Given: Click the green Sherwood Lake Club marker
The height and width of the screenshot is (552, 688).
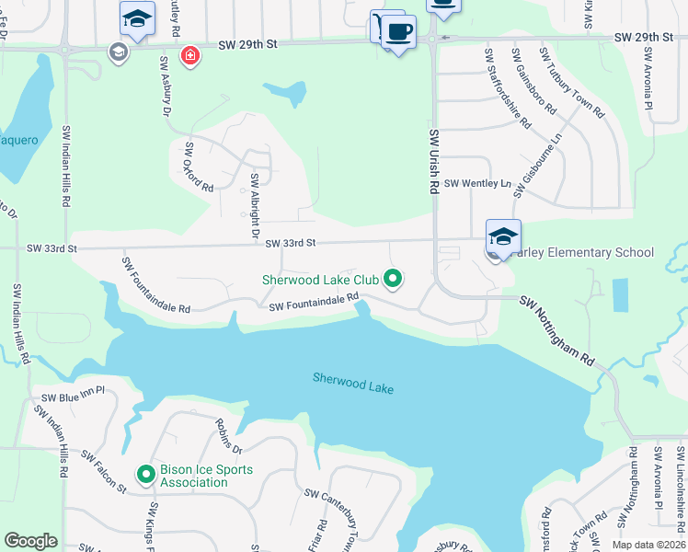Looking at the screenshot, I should point(393,277).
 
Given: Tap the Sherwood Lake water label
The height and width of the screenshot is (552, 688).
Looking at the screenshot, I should point(353,383).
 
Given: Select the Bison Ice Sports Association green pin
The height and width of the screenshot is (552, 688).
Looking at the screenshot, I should point(145,475).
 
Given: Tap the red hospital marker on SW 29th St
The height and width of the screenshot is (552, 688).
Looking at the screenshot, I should point(190,56).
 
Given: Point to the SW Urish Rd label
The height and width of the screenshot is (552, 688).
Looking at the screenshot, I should point(434,160).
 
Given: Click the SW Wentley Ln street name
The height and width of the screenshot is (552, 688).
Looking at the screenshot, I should point(476,184).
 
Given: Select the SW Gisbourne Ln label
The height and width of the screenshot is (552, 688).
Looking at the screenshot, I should point(538,167).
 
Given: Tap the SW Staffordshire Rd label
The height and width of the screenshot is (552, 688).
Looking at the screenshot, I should point(507,89).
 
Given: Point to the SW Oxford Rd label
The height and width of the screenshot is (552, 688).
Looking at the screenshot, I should point(199,167).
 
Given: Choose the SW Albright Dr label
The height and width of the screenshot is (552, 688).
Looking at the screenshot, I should point(255,207).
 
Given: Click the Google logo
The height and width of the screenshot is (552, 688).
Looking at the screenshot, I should point(30,541).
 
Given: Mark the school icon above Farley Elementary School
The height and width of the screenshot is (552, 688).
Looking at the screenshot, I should point(503,236).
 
